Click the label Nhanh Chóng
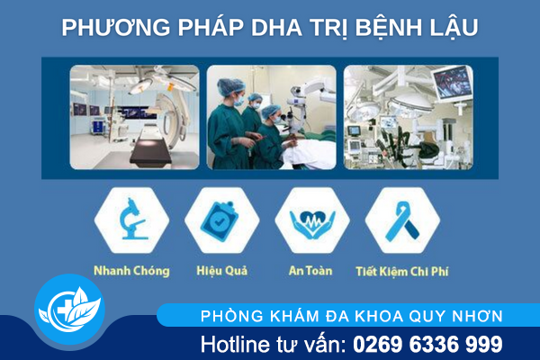(131, 269)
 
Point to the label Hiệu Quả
(221, 269)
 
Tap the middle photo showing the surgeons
(271, 117)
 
